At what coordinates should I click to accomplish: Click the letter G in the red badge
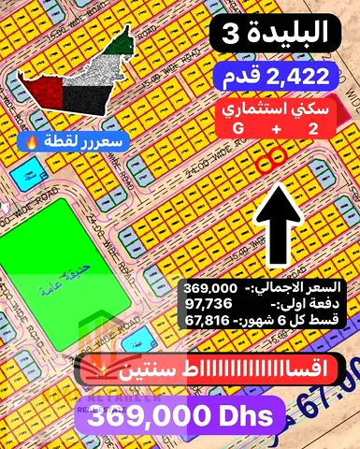pos(238,127)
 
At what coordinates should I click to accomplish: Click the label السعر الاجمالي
pos(301,285)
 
